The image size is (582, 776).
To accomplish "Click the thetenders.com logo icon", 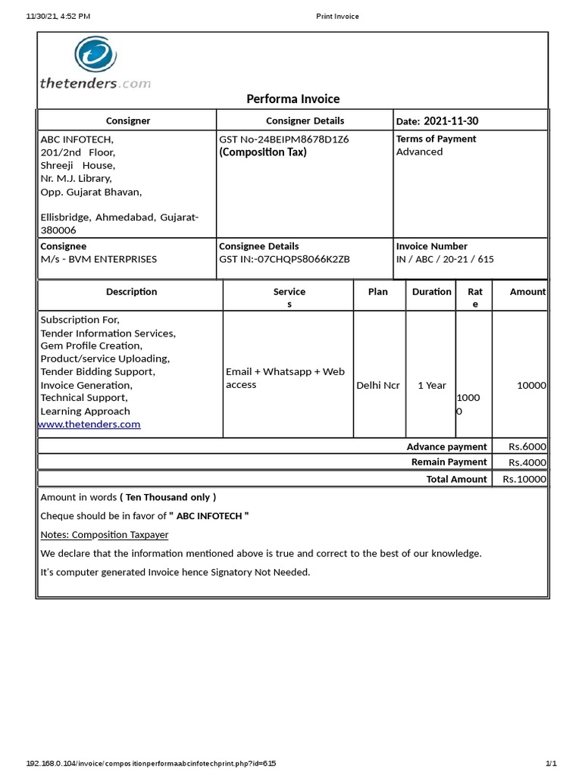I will pos(95,57).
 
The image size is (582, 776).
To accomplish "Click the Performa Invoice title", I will pos(293,99).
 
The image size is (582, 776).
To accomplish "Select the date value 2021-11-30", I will pos(451,121).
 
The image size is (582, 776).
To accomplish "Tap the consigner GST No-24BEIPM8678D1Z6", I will pos(283,139).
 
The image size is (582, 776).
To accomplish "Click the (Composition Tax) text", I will pos(263,152).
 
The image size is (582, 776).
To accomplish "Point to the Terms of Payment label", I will pos(436,139).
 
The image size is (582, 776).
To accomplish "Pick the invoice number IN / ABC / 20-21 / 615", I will pos(445,259).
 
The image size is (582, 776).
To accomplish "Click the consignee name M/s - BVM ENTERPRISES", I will pos(99,259).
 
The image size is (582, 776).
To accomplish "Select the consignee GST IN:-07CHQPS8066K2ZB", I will pos(284,259).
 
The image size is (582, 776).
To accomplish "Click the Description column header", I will pos(131,292).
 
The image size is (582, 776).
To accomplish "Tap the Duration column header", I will pos(431,292).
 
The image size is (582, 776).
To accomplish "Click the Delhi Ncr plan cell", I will pos(378,385).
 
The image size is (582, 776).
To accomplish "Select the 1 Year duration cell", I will pos(432,385).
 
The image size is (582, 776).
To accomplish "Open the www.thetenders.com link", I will pos(89,424).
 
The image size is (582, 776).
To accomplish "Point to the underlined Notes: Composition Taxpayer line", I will pos(105,534).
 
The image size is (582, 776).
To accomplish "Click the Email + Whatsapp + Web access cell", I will pos(285,378).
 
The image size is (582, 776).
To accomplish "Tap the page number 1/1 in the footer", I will pos(551,763).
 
